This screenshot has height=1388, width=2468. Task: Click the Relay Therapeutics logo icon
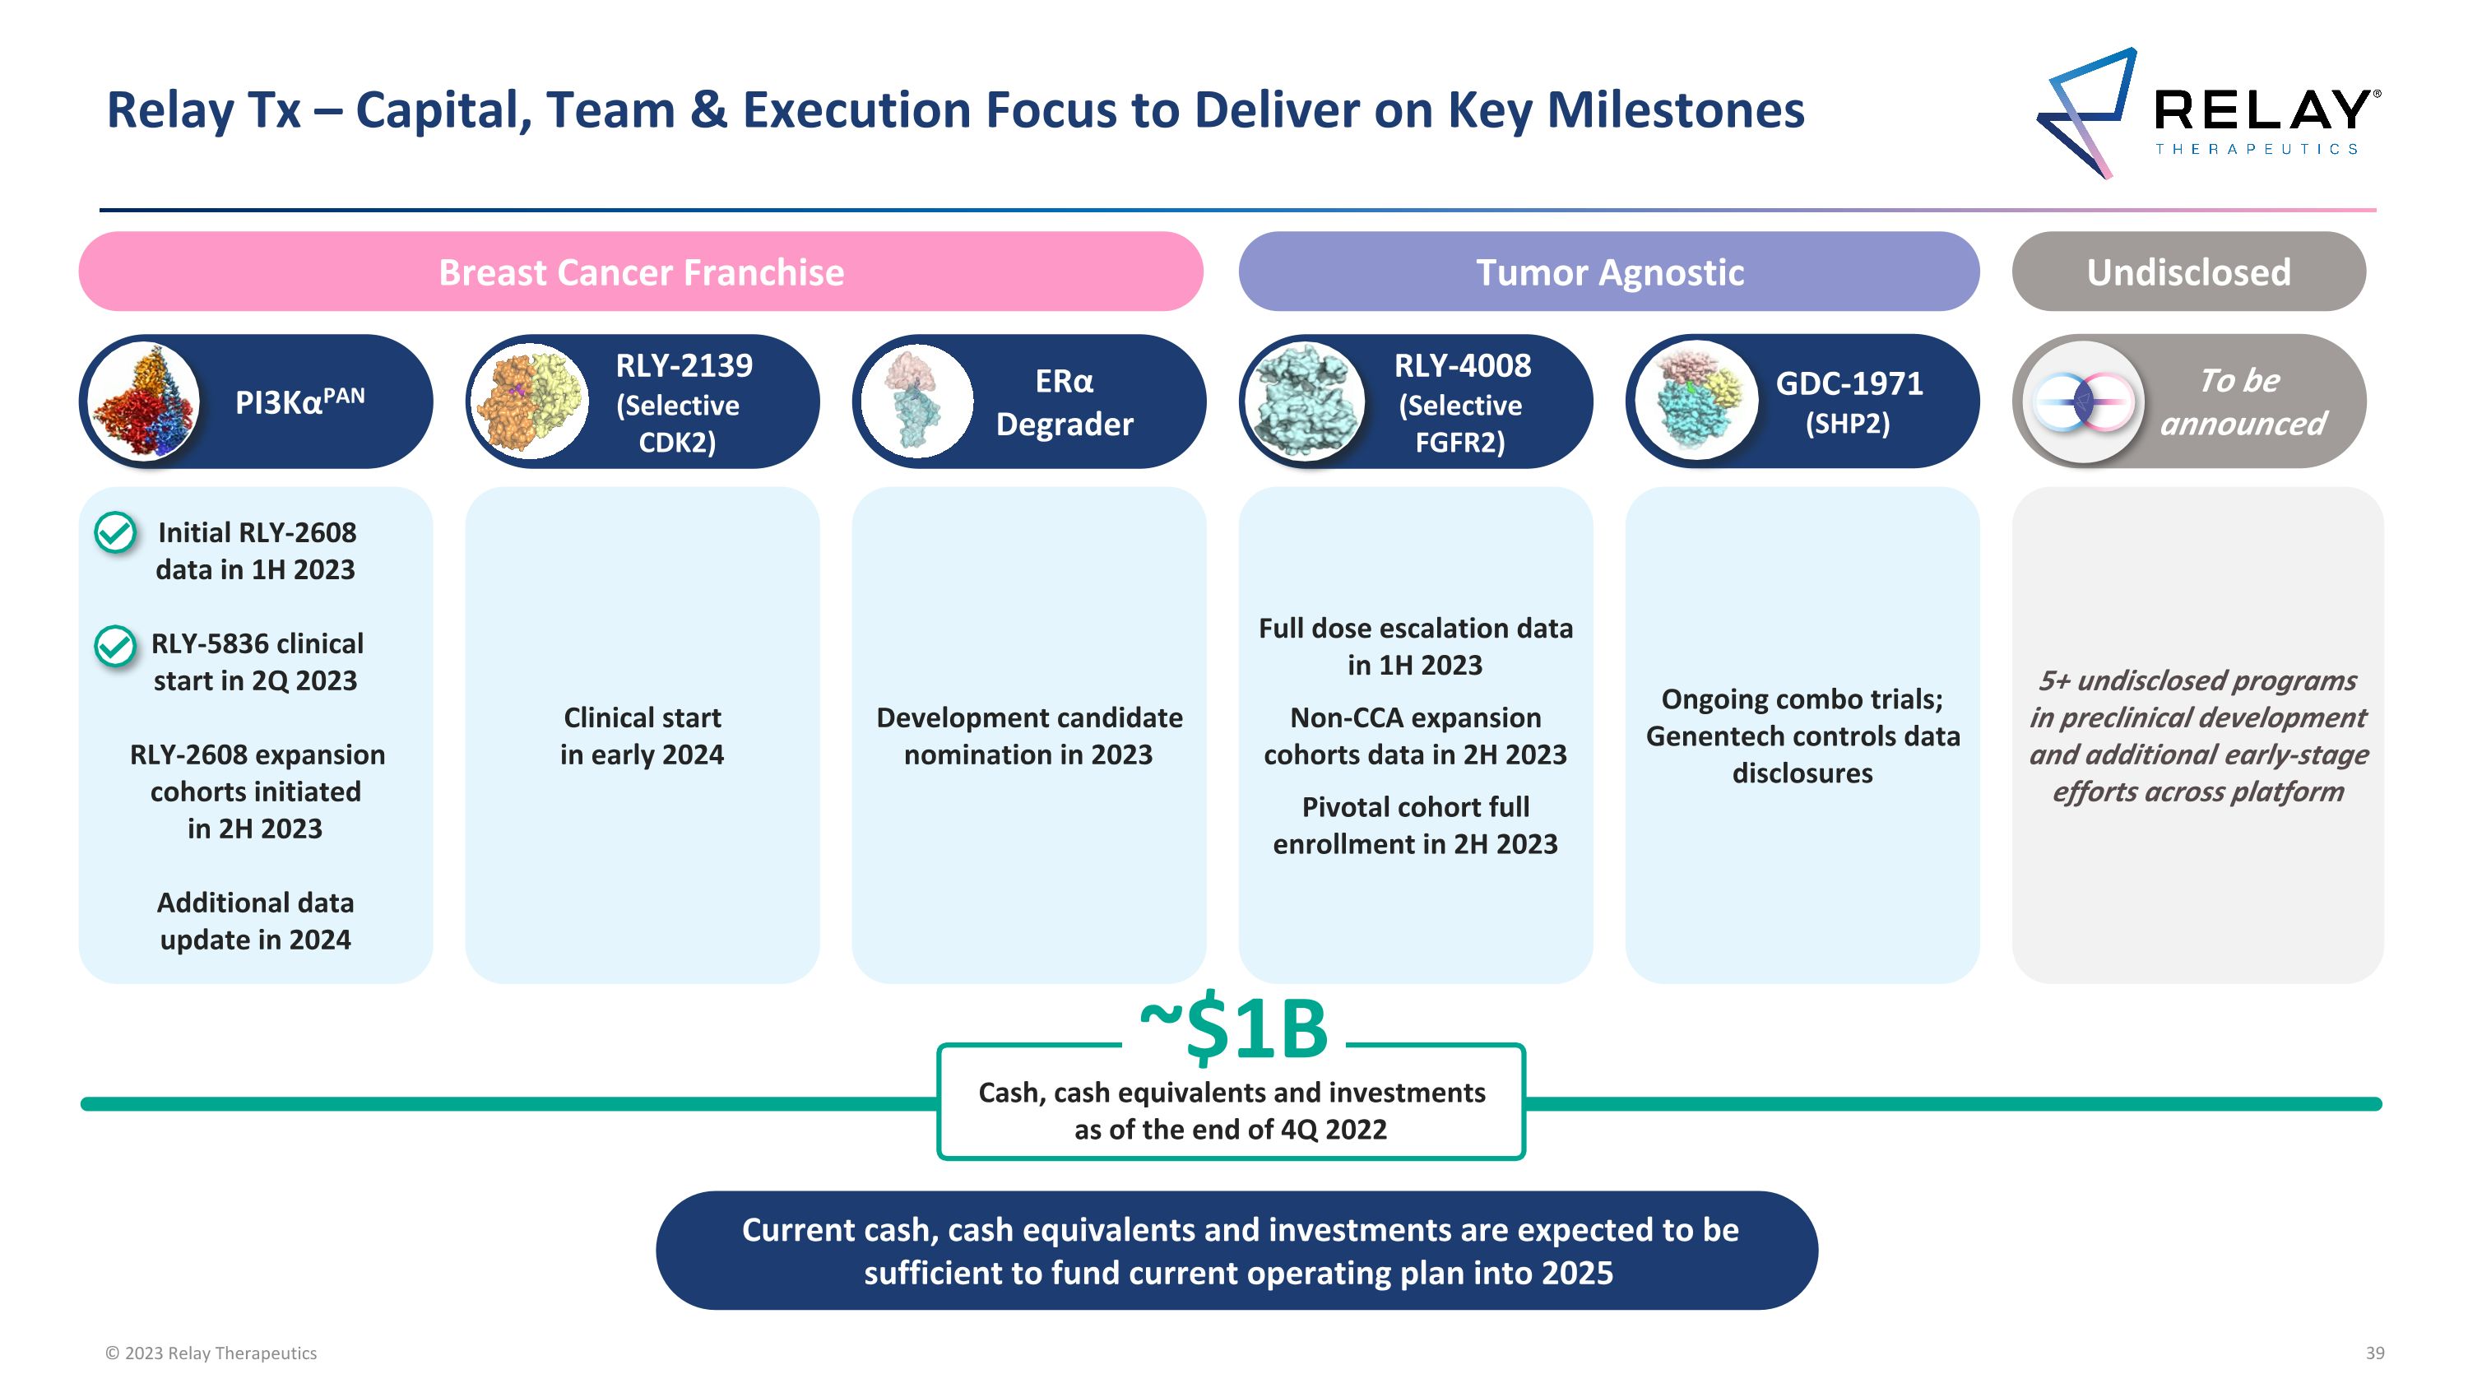click(x=2086, y=112)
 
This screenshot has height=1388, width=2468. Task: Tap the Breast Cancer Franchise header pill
click(x=640, y=272)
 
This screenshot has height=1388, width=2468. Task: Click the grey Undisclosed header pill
click(x=2187, y=272)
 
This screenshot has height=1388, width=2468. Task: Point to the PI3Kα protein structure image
click(x=143, y=402)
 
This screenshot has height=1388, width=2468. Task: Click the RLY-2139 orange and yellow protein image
click(x=530, y=402)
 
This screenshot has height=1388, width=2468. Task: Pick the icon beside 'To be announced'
click(x=2083, y=402)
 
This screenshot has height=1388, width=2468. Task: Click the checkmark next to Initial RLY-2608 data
click(x=115, y=532)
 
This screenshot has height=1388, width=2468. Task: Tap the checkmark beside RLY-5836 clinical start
click(x=115, y=645)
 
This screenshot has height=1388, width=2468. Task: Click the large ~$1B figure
click(x=1233, y=1031)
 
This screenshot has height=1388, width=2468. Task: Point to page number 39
click(x=2374, y=1353)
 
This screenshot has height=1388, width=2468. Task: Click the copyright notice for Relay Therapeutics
click(x=211, y=1353)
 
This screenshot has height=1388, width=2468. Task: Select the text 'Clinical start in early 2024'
click(x=642, y=736)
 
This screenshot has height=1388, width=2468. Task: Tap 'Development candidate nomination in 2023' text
click(x=1029, y=736)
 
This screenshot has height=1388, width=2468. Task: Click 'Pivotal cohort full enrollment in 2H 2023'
click(x=1415, y=824)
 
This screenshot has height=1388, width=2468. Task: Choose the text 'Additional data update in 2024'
click(x=255, y=921)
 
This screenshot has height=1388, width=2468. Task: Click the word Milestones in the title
click(x=1674, y=110)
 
